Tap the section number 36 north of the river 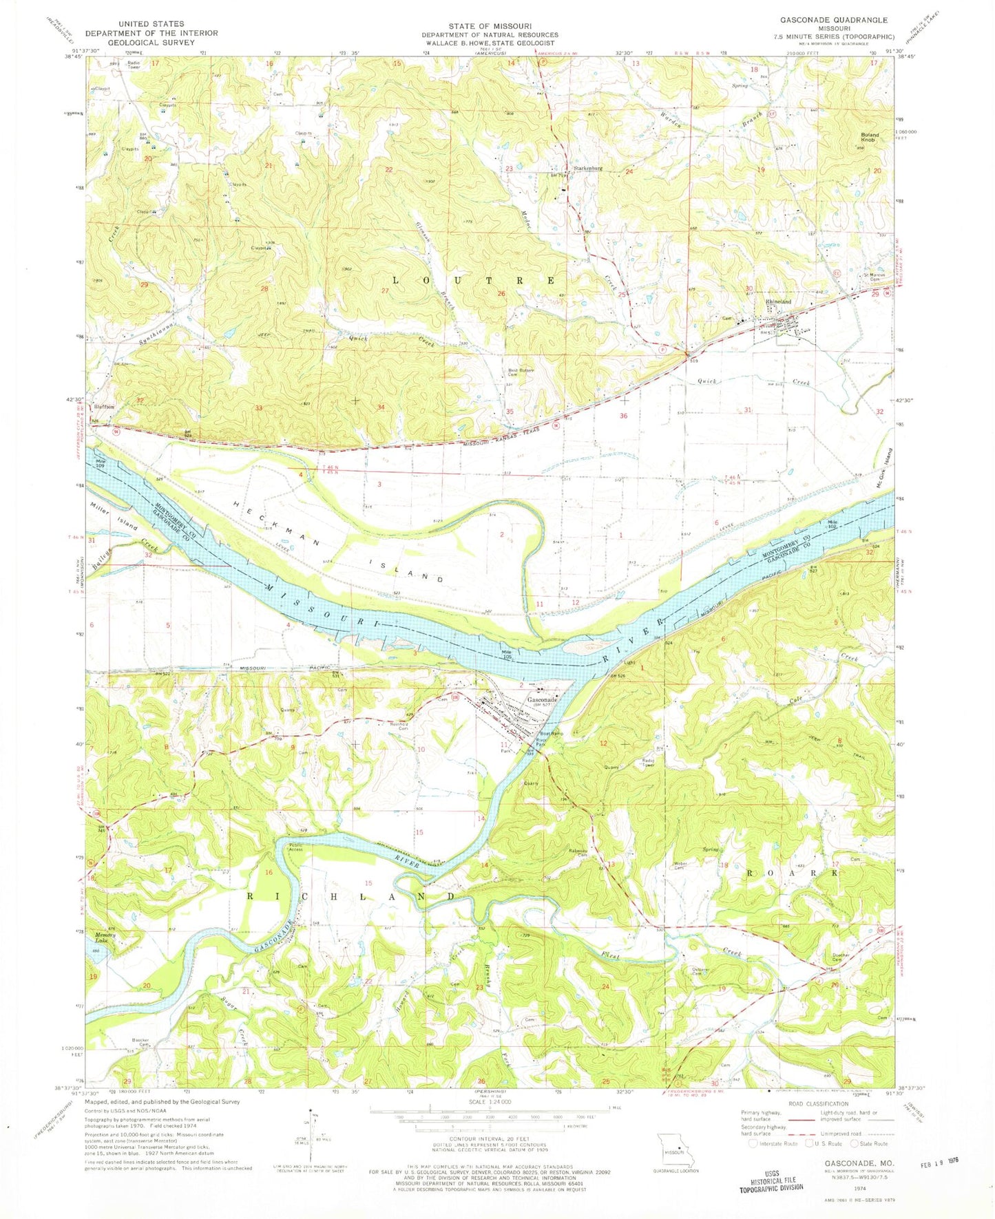click(x=623, y=416)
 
